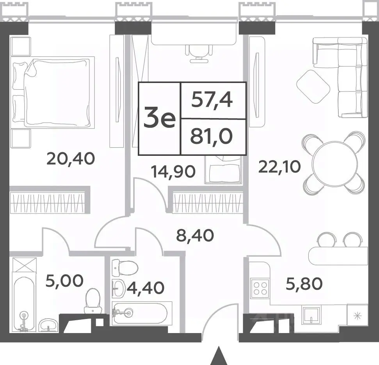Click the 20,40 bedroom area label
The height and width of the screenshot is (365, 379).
(x=71, y=159)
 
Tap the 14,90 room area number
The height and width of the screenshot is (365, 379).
(x=173, y=172)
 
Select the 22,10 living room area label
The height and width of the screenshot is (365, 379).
(x=279, y=167)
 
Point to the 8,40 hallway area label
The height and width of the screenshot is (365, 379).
(x=195, y=235)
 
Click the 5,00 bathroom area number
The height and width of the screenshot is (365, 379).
(x=64, y=281)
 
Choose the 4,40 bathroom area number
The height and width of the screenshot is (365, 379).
(x=146, y=288)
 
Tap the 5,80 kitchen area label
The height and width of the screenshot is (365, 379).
(x=304, y=284)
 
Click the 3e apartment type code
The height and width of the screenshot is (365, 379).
(x=159, y=118)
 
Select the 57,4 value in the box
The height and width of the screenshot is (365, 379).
(x=212, y=100)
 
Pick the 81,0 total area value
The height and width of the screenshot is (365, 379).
(x=212, y=136)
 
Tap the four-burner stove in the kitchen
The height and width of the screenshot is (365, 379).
(x=260, y=287)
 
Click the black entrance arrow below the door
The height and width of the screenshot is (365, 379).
(x=219, y=356)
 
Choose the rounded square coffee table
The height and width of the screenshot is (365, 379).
(x=313, y=87)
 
